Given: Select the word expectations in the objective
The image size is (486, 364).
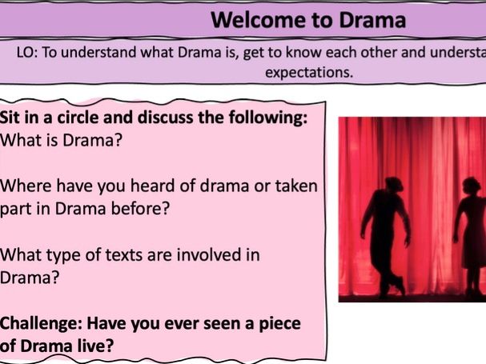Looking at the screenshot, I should [x=310, y=72].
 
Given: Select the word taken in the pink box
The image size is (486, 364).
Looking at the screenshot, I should [x=296, y=186].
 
